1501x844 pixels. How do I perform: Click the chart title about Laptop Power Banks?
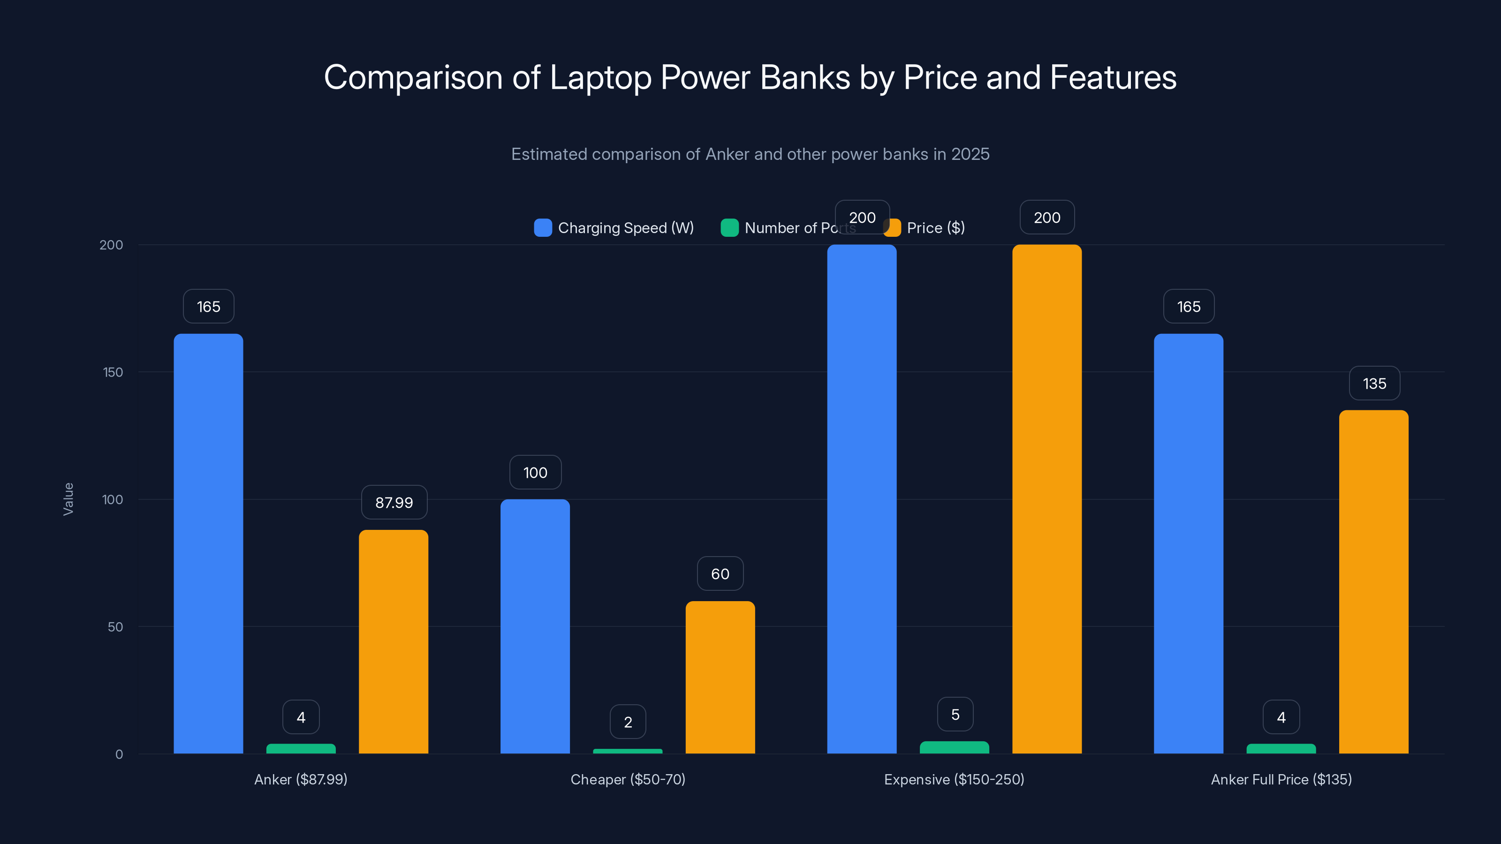coord(750,77)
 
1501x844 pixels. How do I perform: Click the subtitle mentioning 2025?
coord(750,154)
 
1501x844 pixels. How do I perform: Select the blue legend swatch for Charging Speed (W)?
coord(543,228)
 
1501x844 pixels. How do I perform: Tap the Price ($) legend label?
coord(935,228)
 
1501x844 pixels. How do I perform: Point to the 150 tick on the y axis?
coord(113,372)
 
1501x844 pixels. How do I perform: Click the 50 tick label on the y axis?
coord(115,627)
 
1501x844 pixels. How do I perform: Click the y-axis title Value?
coord(68,498)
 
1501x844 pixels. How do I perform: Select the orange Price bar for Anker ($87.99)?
coord(394,641)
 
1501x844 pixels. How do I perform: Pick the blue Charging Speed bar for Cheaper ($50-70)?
coord(535,626)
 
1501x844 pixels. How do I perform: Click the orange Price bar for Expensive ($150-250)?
coord(1046,498)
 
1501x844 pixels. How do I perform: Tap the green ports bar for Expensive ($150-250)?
coord(954,747)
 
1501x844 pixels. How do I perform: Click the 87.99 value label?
coord(394,502)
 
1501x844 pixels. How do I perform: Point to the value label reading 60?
coord(720,574)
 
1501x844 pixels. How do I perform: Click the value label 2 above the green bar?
coord(628,722)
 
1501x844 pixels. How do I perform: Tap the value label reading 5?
coord(955,714)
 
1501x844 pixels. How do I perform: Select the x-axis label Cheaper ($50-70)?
coord(628,779)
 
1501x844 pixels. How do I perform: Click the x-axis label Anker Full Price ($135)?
coord(1281,779)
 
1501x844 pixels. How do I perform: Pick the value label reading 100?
coord(535,472)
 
